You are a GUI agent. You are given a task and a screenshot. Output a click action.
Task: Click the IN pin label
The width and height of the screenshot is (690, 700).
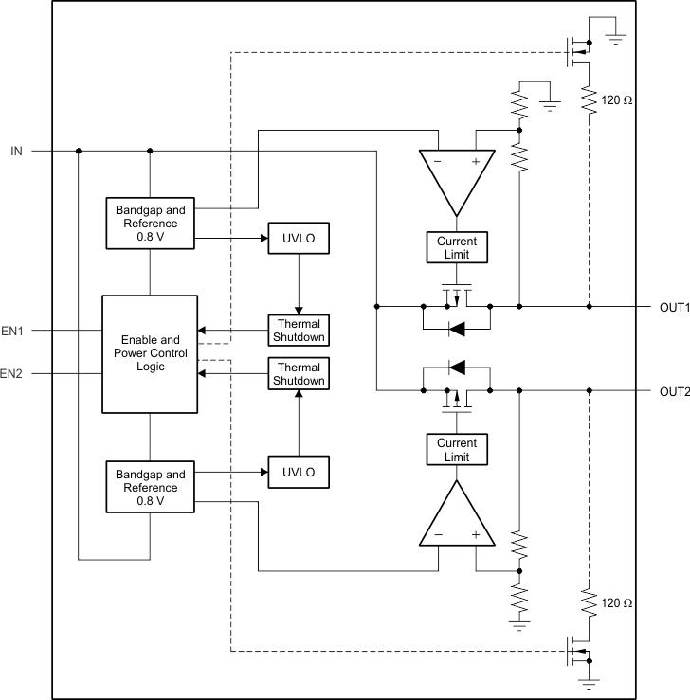click(17, 150)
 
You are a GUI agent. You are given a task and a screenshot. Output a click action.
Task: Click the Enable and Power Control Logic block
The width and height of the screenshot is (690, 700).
click(150, 353)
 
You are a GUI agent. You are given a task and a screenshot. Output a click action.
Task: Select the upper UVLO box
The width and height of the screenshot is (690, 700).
click(299, 238)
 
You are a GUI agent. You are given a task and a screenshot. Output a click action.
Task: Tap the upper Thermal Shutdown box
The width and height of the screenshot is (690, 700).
click(299, 331)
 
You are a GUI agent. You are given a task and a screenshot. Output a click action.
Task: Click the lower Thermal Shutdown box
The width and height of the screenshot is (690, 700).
click(299, 374)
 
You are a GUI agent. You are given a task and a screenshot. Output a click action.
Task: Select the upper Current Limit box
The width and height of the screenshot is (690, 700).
click(457, 248)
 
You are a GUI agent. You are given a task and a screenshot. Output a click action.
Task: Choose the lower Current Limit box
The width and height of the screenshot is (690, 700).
click(457, 450)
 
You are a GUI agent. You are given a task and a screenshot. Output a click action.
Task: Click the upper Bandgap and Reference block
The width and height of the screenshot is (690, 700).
click(150, 222)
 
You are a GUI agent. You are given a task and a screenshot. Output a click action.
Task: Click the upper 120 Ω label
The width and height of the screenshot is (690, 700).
click(617, 99)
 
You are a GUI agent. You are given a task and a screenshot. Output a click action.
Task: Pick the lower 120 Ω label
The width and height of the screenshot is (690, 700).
click(617, 602)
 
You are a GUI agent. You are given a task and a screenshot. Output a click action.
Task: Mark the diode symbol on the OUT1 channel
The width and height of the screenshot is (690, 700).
click(456, 330)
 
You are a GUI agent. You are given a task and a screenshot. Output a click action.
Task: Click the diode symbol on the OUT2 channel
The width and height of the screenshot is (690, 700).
click(456, 367)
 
